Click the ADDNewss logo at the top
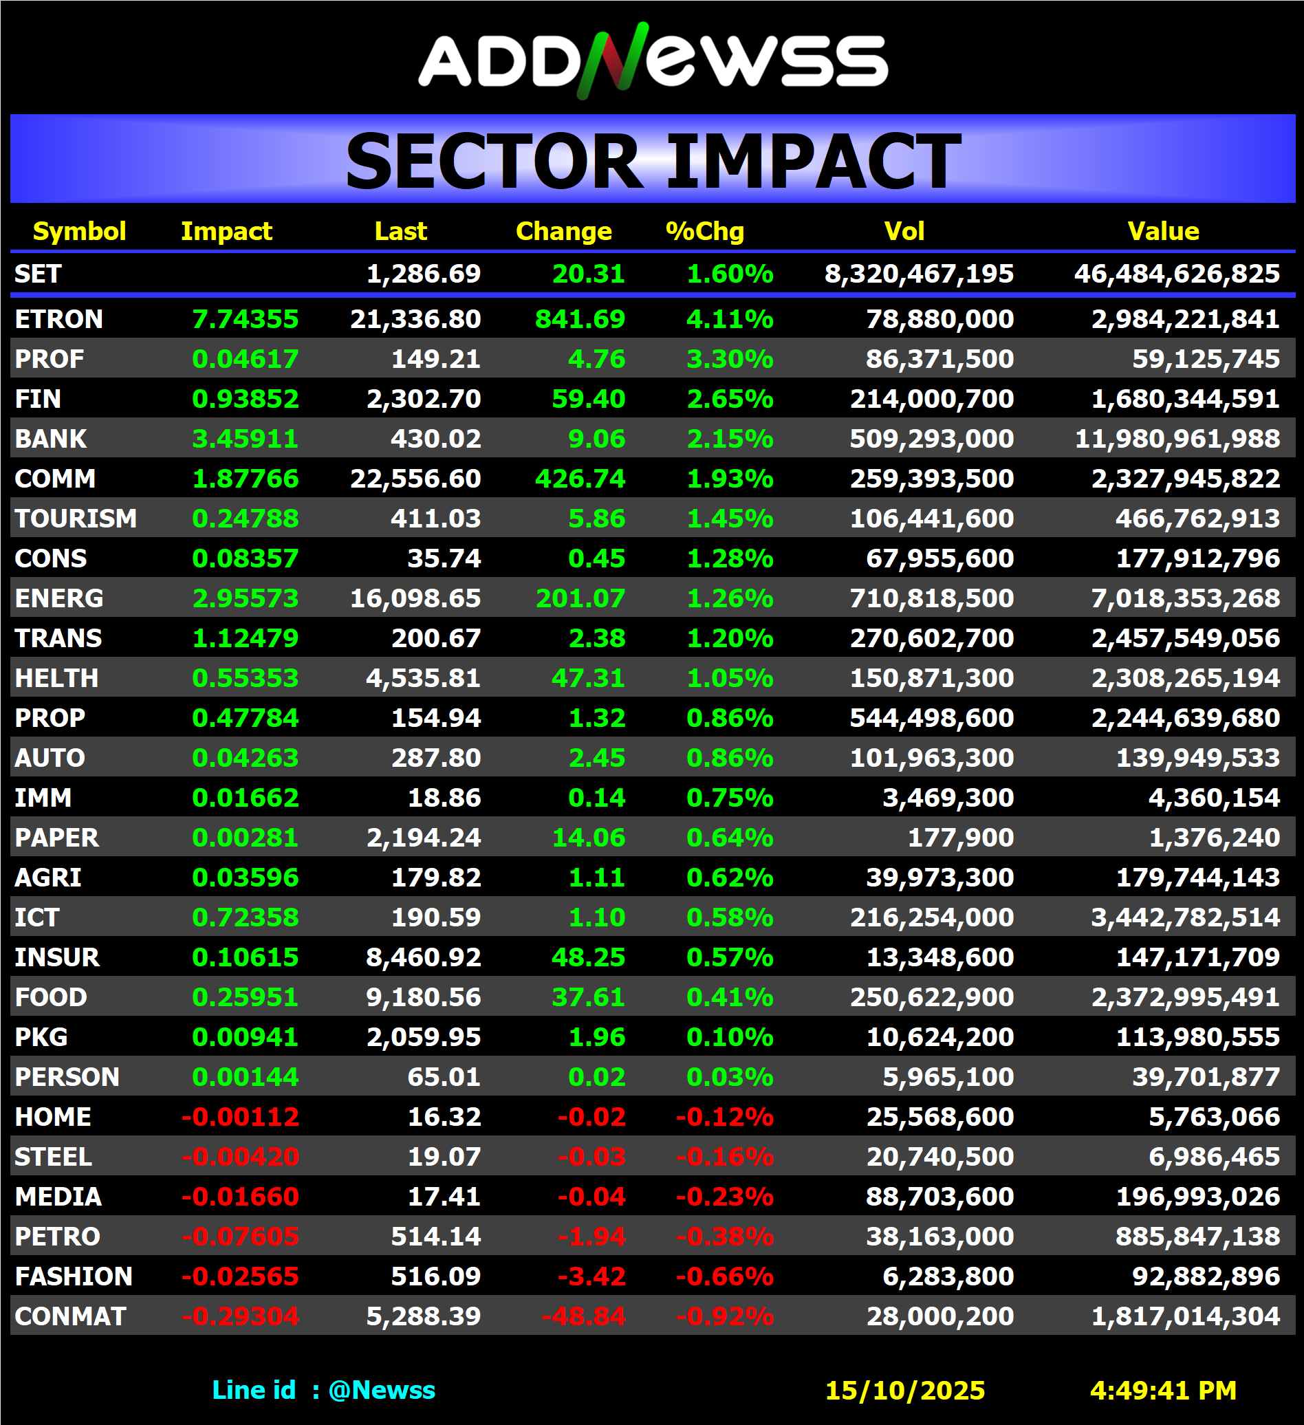(x=653, y=61)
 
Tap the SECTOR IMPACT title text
(x=653, y=162)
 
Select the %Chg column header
(x=705, y=231)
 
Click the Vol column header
(x=904, y=231)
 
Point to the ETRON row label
(x=58, y=320)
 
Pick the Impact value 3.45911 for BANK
(x=246, y=439)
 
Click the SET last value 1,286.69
(x=424, y=274)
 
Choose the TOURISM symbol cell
(x=76, y=519)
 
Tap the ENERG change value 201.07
(x=580, y=599)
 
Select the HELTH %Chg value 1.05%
(x=730, y=679)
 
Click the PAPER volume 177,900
(x=961, y=838)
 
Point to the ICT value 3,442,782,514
(x=1185, y=917)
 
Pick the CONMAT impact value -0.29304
(x=240, y=1317)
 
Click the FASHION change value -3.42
(x=591, y=1276)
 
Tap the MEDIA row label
(x=58, y=1197)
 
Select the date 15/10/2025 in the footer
(x=904, y=1391)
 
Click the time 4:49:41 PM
(x=1163, y=1391)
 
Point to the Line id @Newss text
(x=324, y=1391)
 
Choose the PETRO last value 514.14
(x=435, y=1237)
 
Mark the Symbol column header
(x=79, y=231)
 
